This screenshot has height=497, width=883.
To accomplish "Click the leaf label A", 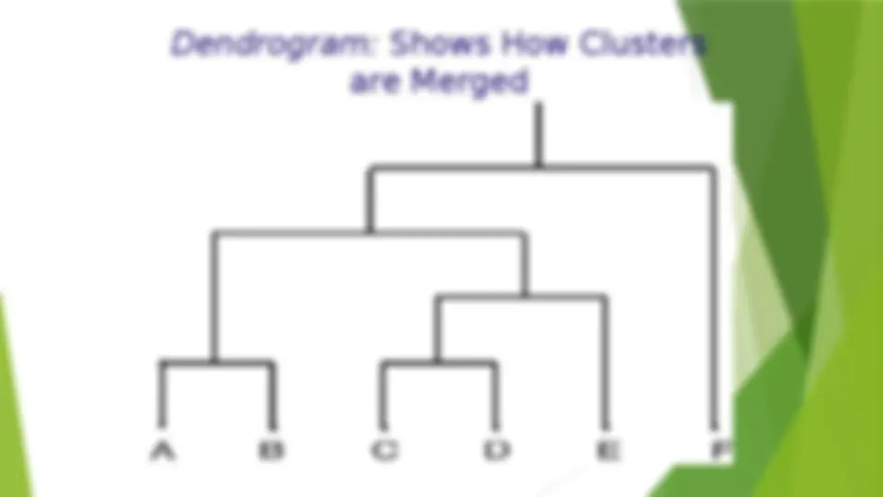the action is (162, 451).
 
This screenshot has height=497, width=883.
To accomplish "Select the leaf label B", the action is (271, 451).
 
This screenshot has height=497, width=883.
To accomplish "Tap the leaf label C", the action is (384, 451).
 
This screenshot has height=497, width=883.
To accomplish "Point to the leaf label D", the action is (498, 451).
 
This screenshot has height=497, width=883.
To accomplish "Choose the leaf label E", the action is (608, 451).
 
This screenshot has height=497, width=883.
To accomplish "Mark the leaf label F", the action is (719, 451).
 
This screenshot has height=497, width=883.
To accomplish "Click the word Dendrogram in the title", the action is (272, 45).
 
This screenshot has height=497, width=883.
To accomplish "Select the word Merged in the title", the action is (470, 81).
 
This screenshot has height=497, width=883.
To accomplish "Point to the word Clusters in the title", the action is (642, 44).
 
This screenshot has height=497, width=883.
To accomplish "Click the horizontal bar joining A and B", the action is (217, 364).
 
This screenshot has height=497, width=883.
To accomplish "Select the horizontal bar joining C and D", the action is (440, 364).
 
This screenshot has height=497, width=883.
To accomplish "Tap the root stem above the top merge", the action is (538, 135).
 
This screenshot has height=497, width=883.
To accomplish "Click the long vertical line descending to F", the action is (714, 297).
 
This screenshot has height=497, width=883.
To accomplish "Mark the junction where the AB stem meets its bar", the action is (214, 364).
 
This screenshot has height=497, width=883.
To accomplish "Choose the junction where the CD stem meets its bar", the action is (438, 364).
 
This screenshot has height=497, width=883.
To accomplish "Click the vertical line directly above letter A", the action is (163, 395).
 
